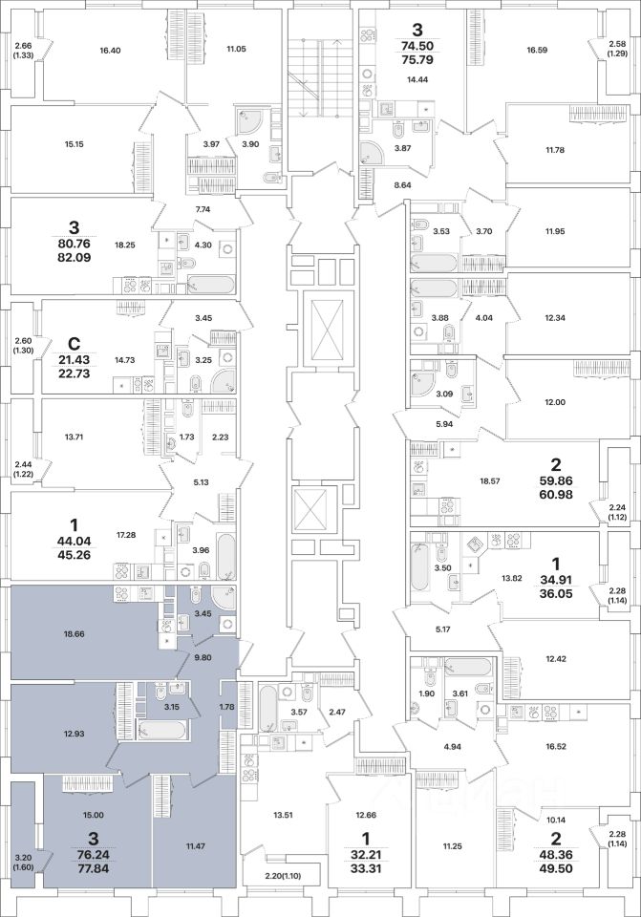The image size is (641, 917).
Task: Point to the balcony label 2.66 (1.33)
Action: (23, 52)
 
